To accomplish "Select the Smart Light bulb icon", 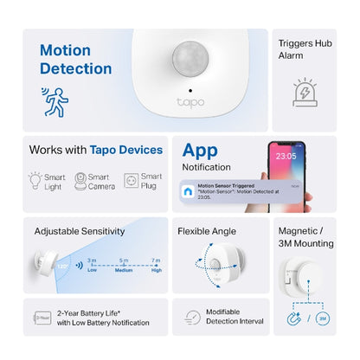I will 35,181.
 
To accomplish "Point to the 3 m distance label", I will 91,260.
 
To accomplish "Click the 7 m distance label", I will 156,260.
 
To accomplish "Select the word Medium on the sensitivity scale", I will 123,269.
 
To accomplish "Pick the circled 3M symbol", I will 321,319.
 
